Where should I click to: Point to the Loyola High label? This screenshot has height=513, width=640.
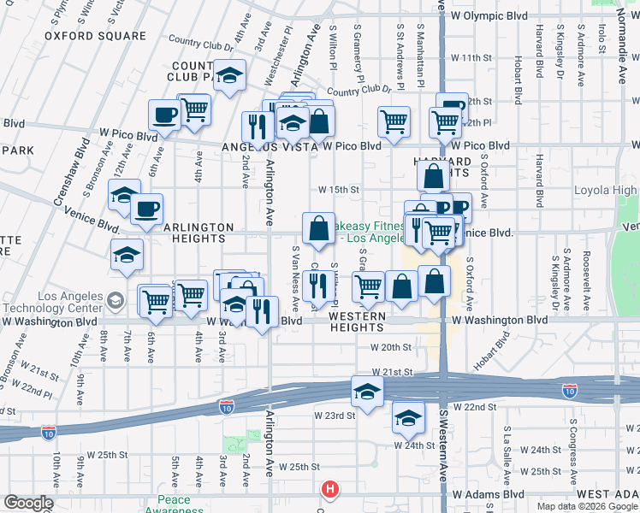tap(605, 191)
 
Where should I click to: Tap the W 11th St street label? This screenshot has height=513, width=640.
tap(472, 58)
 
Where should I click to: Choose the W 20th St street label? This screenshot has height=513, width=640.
tap(391, 347)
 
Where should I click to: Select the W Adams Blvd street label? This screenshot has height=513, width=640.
tap(488, 494)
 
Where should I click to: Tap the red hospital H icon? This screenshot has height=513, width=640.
tap(329, 490)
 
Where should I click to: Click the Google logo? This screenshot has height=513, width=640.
tap(28, 503)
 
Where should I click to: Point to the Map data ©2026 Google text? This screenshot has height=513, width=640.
tap(587, 506)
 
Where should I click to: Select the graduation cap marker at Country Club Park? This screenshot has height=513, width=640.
tap(229, 77)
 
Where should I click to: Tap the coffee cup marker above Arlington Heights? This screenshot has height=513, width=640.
tap(146, 209)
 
